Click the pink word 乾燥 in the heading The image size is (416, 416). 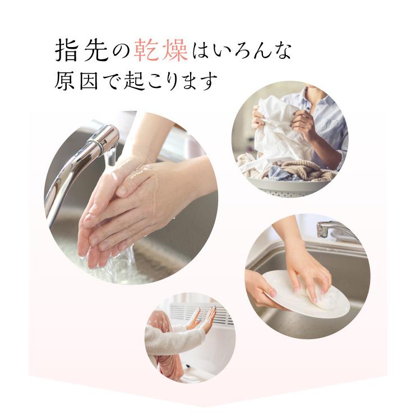click(160, 51)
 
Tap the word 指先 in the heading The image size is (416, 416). click(78, 51)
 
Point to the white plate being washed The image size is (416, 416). click(306, 292)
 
